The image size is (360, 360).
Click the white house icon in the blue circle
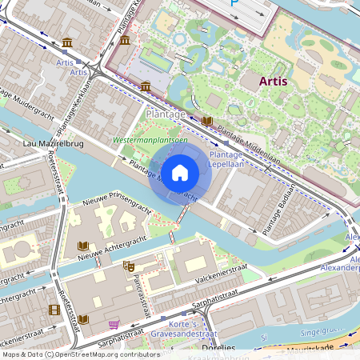click(x=180, y=171)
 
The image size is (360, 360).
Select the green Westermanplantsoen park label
click(x=150, y=140)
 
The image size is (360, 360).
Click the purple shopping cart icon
click(x=114, y=324)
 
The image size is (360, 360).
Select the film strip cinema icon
click(x=54, y=310)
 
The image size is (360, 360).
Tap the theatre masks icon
click(x=128, y=266)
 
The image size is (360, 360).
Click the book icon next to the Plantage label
click(x=206, y=121)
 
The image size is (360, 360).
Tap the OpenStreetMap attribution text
click(x=80, y=354)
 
